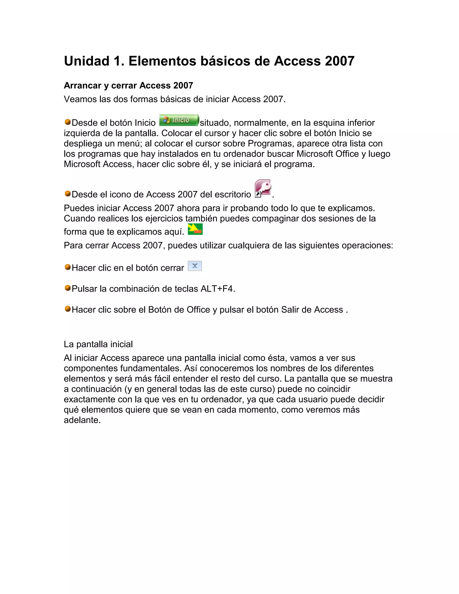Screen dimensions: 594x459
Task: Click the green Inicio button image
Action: pos(179,120)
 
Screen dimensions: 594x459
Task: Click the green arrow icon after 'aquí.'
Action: pos(195,229)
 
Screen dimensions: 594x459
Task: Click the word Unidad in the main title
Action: pos(87,61)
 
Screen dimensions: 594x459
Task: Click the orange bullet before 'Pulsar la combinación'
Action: pos(67,288)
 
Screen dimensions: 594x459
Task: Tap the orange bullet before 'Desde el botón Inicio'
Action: pos(67,122)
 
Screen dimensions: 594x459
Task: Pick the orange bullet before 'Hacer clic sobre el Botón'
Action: pos(67,309)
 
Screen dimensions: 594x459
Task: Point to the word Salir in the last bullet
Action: pos(289,310)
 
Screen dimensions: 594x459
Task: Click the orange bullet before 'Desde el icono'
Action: pos(67,194)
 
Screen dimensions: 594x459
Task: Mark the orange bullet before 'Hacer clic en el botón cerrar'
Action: pos(67,267)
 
